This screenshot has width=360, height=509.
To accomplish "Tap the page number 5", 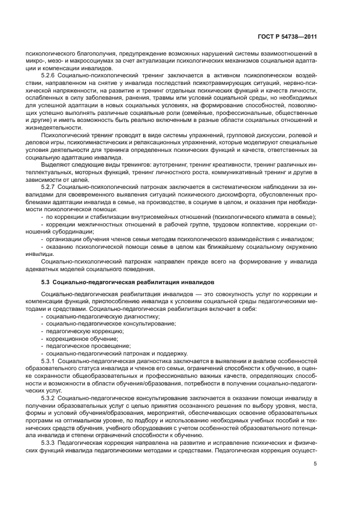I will (315, 464).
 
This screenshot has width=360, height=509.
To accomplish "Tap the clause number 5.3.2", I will (49, 398).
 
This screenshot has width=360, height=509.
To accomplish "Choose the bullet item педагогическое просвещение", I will (81, 346).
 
